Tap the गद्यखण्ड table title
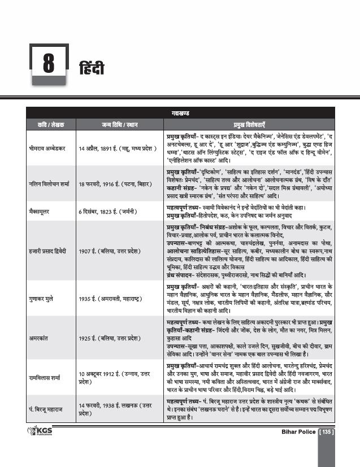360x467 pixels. pyautogui.click(x=180, y=114)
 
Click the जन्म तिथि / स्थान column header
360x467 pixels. pyautogui.click(x=118, y=124)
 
